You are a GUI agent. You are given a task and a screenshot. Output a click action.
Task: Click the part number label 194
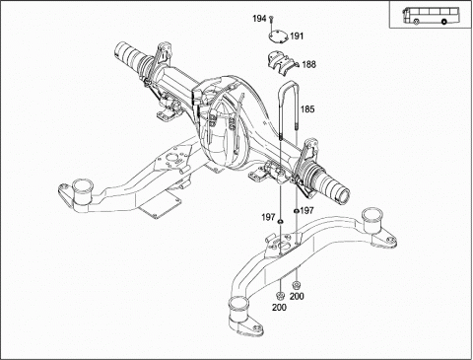[259, 19]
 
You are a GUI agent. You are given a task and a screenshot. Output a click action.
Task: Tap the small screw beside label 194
[271, 19]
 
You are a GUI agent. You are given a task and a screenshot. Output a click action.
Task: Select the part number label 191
[297, 36]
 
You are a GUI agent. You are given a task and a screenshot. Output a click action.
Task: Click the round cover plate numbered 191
[278, 36]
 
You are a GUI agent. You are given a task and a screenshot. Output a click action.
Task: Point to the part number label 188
[308, 64]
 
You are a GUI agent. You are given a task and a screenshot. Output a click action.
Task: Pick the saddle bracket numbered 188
[282, 63]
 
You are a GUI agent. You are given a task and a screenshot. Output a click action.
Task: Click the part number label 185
[307, 109]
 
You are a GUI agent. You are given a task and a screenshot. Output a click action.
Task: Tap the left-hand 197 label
[268, 217]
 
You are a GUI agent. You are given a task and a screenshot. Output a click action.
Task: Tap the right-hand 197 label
[307, 210]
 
